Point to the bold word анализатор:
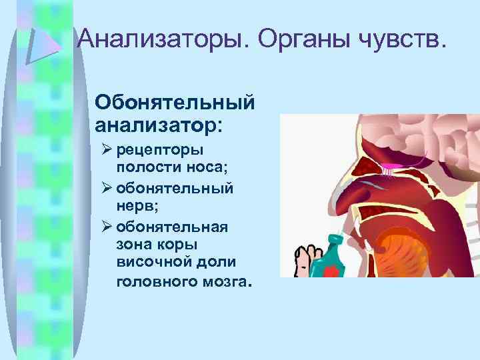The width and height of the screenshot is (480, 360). click(159, 123)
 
